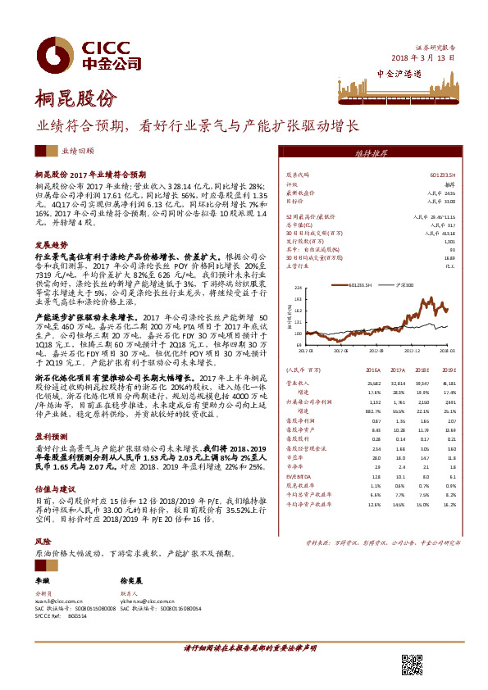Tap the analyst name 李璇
(x=41, y=579)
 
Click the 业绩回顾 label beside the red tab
(x=78, y=152)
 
